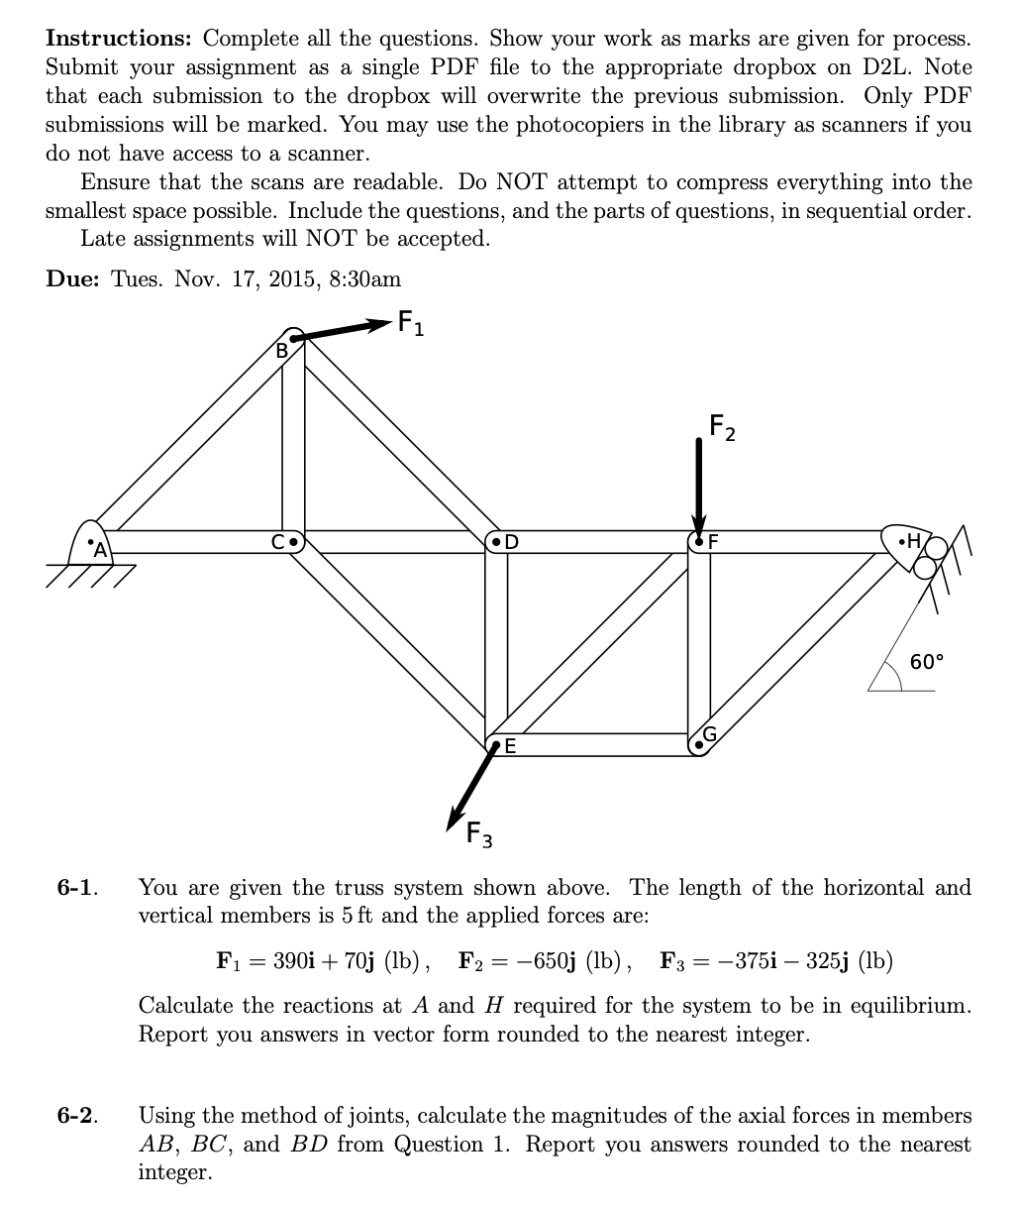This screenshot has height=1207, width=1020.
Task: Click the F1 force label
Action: pos(410,323)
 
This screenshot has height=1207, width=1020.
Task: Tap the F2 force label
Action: pos(723,428)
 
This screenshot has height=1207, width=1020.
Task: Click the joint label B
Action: pos(281,350)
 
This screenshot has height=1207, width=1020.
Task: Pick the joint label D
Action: pos(511,542)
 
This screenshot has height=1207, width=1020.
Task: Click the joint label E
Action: pos(510,746)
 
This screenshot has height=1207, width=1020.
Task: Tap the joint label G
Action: pos(709,734)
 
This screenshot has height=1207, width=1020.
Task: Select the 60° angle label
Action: pos(927,662)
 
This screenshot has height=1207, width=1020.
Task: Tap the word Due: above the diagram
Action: pos(72,278)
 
